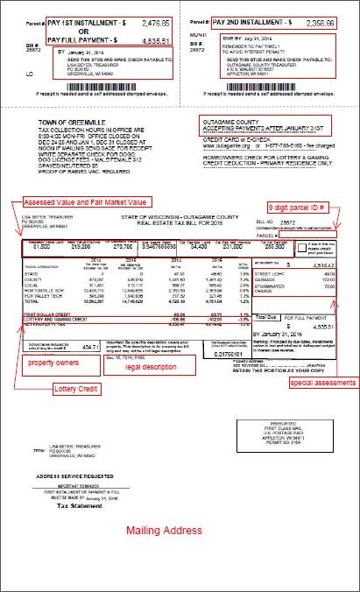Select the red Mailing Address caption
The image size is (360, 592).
(x=163, y=531)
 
